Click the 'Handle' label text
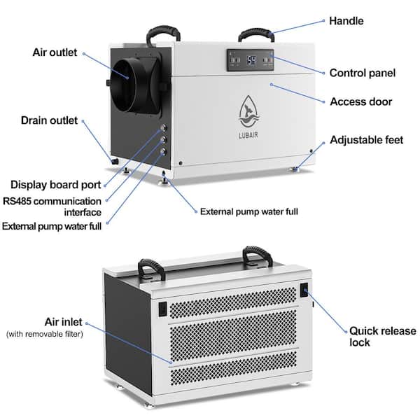tap(346, 21)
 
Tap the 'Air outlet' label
tap(55, 52)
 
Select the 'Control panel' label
tap(363, 73)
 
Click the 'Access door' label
tap(360, 101)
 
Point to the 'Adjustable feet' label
tap(366, 140)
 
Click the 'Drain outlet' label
tap(49, 120)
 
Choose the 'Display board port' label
tap(56, 185)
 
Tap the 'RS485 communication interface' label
tap(52, 206)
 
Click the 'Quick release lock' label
tap(382, 337)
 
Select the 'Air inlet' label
tap(64, 322)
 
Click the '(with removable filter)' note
tap(45, 334)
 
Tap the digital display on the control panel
tap(251, 60)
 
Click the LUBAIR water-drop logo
tap(249, 111)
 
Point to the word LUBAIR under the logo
tap(248, 135)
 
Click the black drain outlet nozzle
tap(115, 161)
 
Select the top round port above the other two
tap(163, 128)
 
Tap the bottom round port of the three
tap(163, 152)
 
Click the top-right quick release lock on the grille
tap(304, 290)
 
